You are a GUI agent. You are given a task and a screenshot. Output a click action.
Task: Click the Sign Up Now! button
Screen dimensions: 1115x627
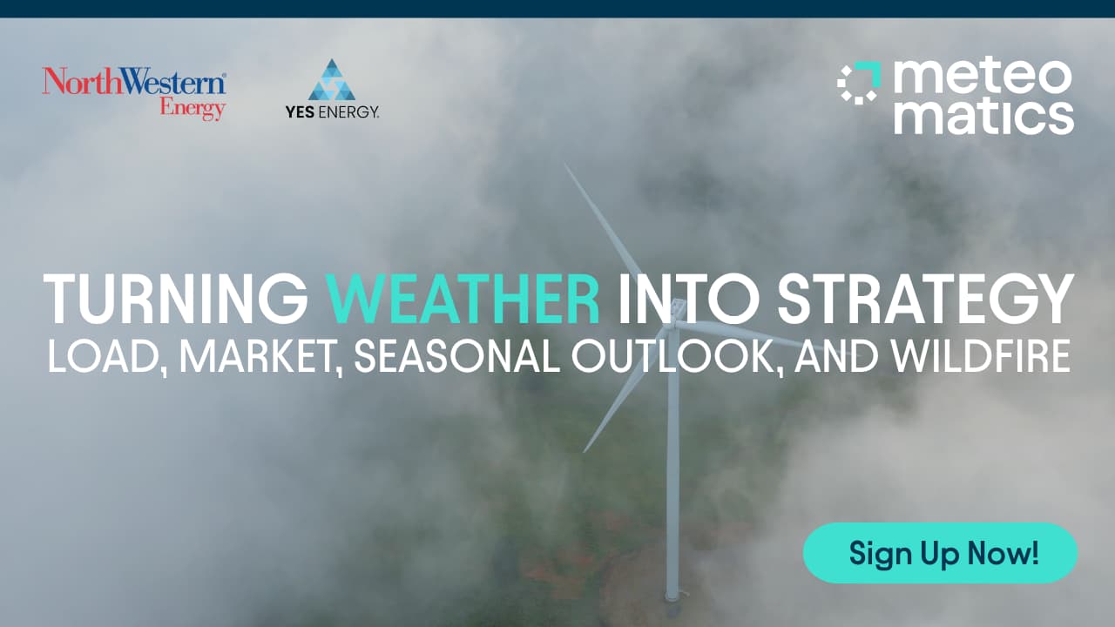coord(940,553)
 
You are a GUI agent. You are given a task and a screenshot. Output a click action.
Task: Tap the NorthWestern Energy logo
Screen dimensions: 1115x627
coord(134,93)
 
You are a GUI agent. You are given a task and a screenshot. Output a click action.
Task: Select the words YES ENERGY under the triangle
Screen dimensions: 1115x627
coord(332,112)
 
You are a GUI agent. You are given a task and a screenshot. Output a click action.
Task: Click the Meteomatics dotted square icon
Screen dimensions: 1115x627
coord(859,83)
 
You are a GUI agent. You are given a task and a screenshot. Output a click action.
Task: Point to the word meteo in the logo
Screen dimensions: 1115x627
coord(983,77)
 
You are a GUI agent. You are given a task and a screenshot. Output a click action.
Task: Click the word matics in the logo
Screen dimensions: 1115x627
coord(983,117)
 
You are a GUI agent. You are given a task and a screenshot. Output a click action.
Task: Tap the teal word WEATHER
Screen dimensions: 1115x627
coord(463,299)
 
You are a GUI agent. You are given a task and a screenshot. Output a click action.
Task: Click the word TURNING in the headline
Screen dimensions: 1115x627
coord(176,299)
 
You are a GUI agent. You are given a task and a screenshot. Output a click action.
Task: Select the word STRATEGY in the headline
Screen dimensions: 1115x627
coord(925,299)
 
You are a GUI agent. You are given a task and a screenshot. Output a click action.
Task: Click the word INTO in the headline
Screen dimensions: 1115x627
coord(689,299)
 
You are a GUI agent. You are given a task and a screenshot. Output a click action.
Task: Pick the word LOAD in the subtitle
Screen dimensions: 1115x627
coord(105,356)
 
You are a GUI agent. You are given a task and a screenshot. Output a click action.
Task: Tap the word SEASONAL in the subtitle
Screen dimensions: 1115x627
coord(457,356)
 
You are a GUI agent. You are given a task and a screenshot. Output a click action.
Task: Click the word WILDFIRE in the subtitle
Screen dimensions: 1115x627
coord(980,356)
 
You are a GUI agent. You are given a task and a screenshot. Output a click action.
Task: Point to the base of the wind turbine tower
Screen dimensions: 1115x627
coord(672,597)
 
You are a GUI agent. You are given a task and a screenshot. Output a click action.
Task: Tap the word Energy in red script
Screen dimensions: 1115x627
coord(193,108)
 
